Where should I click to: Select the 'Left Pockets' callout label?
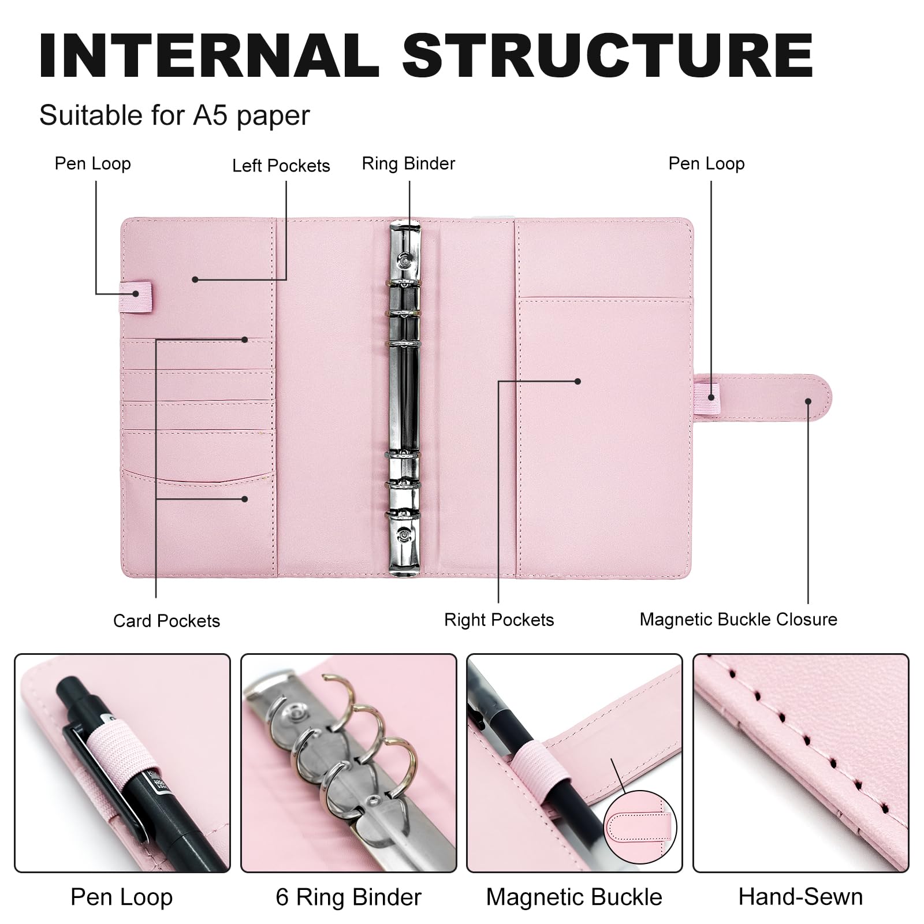[281, 166]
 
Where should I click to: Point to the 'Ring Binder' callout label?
[408, 163]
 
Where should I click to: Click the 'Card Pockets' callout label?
[166, 621]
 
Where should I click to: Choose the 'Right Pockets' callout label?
[499, 620]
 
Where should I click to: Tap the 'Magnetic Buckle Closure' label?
[738, 619]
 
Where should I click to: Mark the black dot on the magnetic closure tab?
[808, 401]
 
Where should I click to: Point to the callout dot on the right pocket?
[577, 381]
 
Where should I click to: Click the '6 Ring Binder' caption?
[349, 897]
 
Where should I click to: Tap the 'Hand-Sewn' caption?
[800, 897]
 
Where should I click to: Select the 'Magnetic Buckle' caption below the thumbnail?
[574, 897]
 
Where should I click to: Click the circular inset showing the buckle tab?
[640, 825]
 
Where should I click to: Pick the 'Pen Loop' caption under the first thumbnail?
[121, 897]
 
